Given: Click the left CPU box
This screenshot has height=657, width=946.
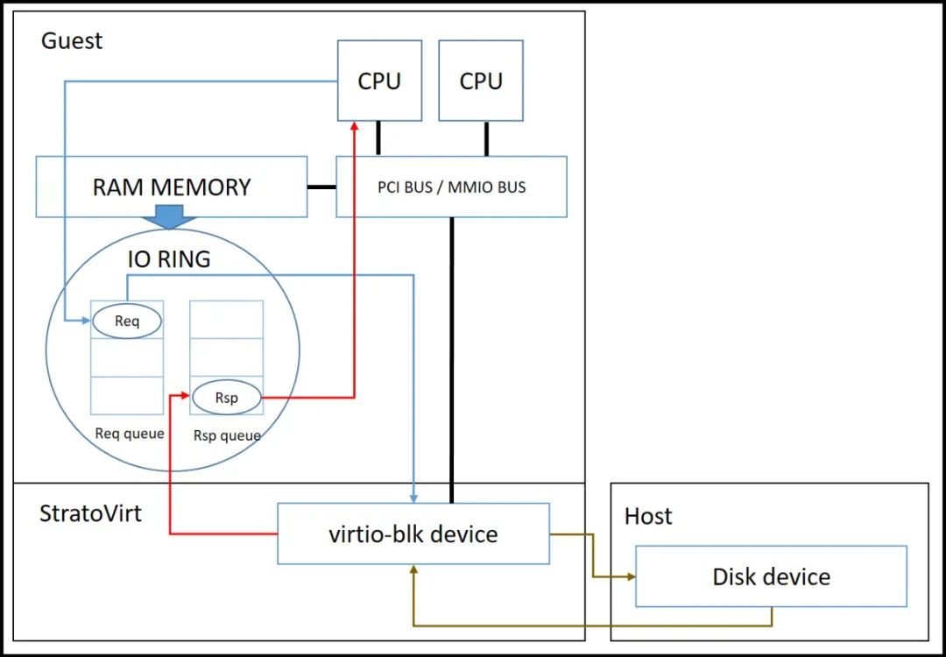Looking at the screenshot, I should (x=379, y=81).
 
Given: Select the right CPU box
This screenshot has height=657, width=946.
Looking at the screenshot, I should (x=481, y=81).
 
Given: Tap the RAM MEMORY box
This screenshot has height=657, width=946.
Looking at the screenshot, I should (x=172, y=187).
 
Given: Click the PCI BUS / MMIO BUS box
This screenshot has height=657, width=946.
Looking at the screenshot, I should (x=451, y=187).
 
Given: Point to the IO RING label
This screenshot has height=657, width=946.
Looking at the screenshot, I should (x=169, y=259).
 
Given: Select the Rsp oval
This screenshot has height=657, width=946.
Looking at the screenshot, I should (x=226, y=398).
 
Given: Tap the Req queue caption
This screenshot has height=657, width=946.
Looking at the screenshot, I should (x=129, y=434).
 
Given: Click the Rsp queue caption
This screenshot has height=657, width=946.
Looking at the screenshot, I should (x=227, y=434).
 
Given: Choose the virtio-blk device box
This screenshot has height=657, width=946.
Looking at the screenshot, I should (x=413, y=533).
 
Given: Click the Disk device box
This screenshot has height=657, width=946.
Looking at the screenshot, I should (x=771, y=576).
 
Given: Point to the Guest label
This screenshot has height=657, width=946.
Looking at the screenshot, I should (x=72, y=41).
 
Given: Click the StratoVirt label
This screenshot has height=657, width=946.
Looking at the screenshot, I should (x=90, y=512).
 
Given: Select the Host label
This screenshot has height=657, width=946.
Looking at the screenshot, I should (x=647, y=516).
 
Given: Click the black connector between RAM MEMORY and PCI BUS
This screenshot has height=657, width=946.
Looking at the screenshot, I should (x=321, y=187).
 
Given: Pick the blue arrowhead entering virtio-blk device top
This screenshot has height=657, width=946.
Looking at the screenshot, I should (x=413, y=497).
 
